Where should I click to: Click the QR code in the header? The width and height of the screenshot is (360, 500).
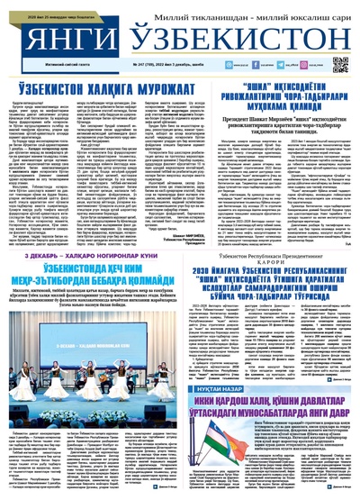[340, 65]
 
